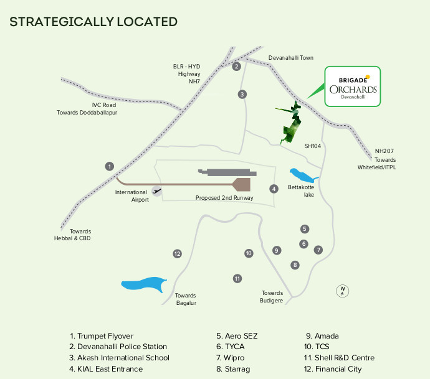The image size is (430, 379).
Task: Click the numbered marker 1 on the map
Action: (110, 166)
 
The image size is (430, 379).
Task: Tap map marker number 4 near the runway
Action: (273, 189)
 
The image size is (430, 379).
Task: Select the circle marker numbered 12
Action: (177, 253)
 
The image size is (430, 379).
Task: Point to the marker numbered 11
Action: (237, 278)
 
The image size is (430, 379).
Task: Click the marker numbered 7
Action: (318, 250)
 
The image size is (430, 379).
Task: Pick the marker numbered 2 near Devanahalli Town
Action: (236, 67)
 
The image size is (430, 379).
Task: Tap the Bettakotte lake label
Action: (300, 190)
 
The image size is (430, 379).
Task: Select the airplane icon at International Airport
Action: (156, 190)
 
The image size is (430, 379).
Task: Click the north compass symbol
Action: (342, 290)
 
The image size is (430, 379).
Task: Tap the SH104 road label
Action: (312, 146)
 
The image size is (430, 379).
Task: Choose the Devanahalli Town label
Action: (290, 58)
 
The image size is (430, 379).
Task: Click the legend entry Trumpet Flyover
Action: (102, 336)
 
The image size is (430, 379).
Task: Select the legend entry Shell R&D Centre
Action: (339, 358)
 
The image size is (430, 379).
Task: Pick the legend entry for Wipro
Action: (230, 358)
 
